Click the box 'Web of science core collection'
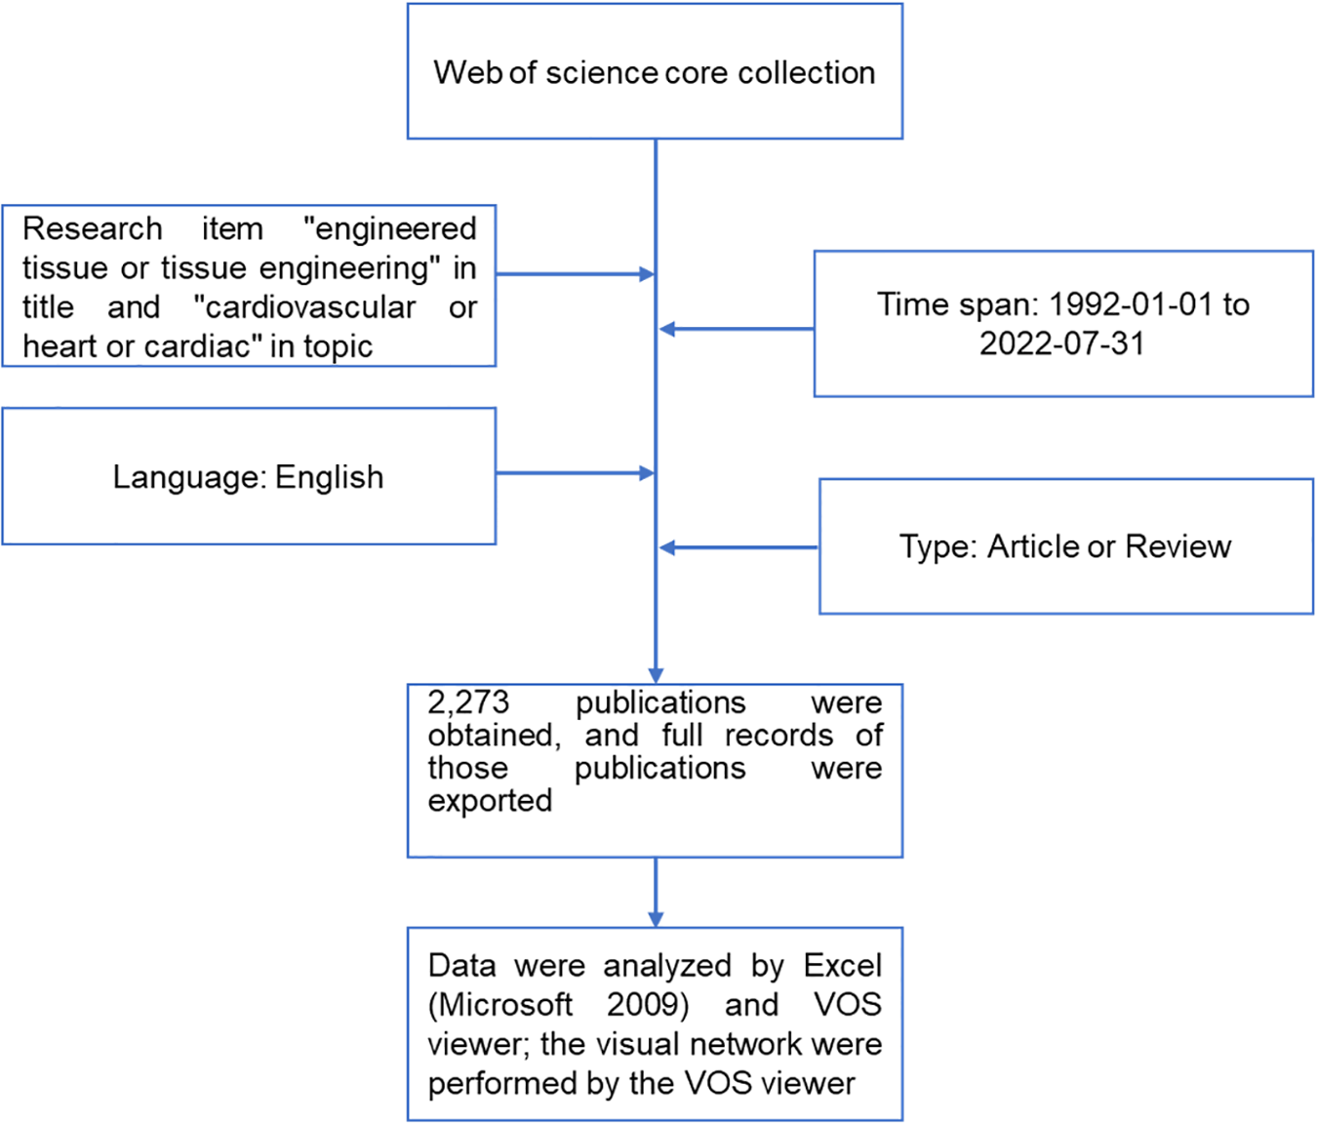[655, 71]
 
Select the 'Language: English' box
[249, 476]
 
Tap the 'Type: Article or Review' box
[1065, 546]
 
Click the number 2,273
[468, 702]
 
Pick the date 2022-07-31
[1061, 343]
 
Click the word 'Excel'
[842, 965]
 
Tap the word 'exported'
[490, 800]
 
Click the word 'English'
[329, 477]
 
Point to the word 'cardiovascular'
[304, 307]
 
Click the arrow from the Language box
[576, 473]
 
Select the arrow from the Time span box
[737, 330]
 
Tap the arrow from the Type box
[738, 548]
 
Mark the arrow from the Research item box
[576, 274]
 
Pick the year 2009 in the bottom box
[647, 1004]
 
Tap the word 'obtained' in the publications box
[493, 735]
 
